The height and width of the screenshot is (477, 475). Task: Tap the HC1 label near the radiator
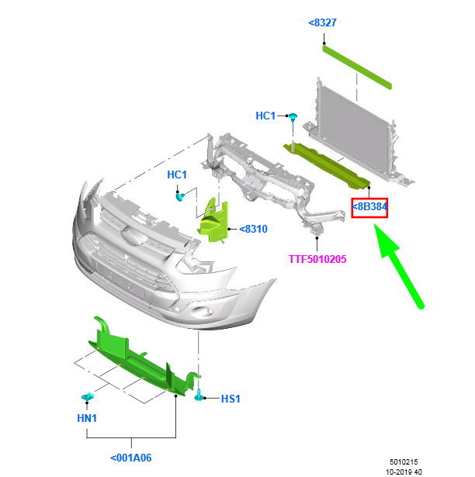(x=265, y=116)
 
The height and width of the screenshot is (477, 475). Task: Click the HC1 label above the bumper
(x=177, y=175)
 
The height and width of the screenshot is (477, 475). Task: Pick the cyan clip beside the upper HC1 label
(x=294, y=116)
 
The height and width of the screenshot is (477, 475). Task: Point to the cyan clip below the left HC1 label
(x=179, y=196)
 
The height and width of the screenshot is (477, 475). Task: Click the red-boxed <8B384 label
(x=370, y=207)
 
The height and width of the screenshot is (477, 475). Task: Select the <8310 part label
(x=253, y=230)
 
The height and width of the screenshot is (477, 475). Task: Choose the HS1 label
(x=231, y=399)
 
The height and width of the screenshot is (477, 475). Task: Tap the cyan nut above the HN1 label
(x=88, y=398)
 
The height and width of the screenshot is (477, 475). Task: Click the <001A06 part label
(x=130, y=458)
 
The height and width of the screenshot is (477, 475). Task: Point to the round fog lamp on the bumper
(x=203, y=312)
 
